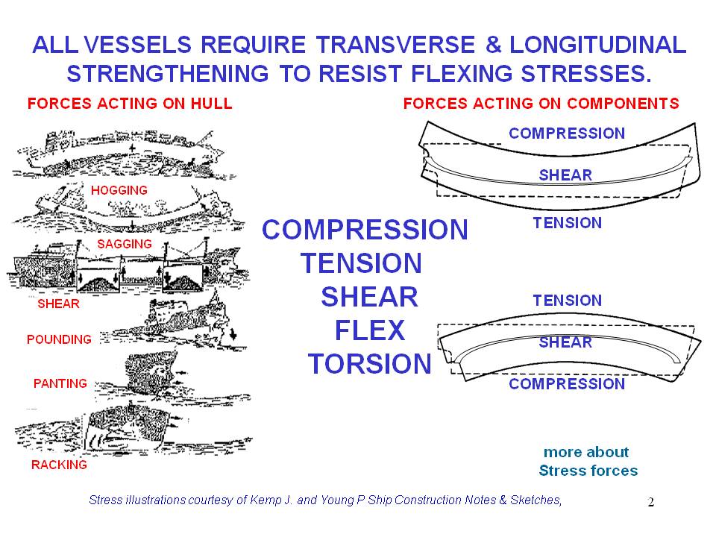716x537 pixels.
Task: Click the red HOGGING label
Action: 119,190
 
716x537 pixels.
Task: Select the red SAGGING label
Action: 125,244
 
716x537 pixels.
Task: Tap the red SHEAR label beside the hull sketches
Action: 58,304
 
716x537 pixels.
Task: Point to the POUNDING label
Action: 59,339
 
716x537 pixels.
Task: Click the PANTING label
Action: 60,383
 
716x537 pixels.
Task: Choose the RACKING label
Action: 59,465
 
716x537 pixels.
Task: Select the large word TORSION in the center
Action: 369,364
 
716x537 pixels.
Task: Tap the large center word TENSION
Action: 361,263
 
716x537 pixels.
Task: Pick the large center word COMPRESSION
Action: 365,230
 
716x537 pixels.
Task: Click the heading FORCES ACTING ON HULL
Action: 130,104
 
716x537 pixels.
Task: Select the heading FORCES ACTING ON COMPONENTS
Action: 541,104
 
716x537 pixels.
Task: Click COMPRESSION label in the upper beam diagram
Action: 566,134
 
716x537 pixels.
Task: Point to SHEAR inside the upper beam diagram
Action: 565,175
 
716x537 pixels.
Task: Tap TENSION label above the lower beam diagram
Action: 567,301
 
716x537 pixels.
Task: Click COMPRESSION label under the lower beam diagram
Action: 566,384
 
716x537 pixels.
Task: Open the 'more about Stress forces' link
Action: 588,462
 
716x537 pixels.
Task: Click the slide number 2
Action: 650,503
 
